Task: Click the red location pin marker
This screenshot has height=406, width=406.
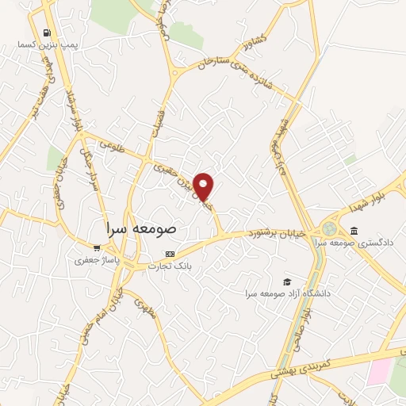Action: tap(205, 186)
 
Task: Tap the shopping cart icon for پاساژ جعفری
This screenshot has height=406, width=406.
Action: tap(97, 247)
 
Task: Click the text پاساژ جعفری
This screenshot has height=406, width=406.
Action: tap(97, 259)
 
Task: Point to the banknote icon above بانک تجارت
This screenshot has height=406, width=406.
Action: tap(168, 254)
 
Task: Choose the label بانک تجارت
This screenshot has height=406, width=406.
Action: tap(169, 266)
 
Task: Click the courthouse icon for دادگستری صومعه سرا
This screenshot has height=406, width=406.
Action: tap(354, 231)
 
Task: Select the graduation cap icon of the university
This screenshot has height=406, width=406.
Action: tap(286, 282)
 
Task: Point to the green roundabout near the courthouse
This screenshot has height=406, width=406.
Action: tap(329, 229)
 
